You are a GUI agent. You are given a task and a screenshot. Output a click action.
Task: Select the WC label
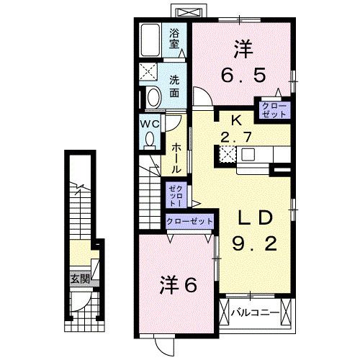coord(148,123)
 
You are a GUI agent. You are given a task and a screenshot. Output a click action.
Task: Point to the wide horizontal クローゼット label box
coord(189,221)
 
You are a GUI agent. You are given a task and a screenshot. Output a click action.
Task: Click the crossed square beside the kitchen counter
coord(227,153)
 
